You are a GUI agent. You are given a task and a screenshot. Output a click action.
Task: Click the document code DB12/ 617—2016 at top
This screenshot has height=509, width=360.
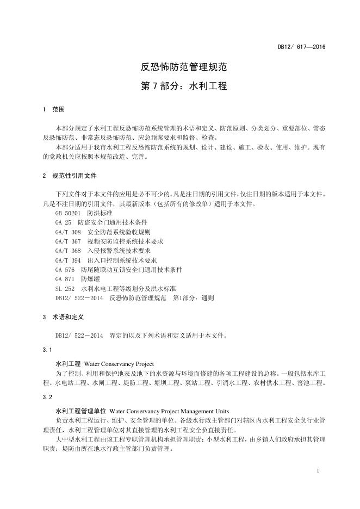point(301,47)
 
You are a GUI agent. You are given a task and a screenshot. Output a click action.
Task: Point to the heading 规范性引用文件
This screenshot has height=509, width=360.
point(75,176)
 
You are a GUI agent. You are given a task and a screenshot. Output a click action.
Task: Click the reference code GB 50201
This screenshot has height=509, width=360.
point(67,213)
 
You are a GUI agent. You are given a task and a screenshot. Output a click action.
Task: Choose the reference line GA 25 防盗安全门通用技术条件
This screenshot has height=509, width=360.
point(101,222)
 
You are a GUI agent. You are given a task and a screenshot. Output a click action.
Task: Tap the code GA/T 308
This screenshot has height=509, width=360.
point(67,232)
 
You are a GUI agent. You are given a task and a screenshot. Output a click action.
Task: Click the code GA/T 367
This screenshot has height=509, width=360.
point(67,241)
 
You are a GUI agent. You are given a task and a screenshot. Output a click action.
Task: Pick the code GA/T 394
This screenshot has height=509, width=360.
point(67,260)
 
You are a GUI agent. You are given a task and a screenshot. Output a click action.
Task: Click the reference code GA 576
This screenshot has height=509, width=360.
point(65,270)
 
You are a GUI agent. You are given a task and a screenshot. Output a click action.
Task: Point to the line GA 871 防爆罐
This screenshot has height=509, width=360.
point(77,279)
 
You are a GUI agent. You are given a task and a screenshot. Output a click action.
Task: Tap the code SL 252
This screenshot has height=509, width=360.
point(65,288)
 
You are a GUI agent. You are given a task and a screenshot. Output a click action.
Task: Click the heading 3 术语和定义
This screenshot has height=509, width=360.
point(62,316)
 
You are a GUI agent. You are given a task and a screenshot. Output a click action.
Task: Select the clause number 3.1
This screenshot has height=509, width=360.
point(47,349)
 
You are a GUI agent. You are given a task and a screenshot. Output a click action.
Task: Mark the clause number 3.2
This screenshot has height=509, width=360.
point(47,397)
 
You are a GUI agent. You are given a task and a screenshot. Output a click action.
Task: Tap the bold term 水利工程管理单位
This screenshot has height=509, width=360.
point(81,411)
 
